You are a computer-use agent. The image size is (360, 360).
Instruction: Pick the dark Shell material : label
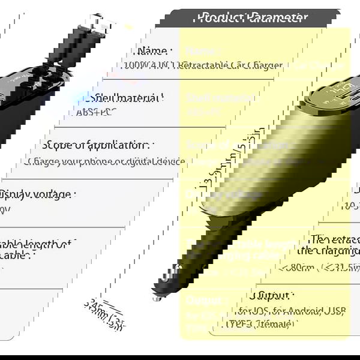coord(127,97)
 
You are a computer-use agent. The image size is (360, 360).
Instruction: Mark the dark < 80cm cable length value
coord(300,267)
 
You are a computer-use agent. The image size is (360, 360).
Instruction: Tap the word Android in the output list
coord(291,310)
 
